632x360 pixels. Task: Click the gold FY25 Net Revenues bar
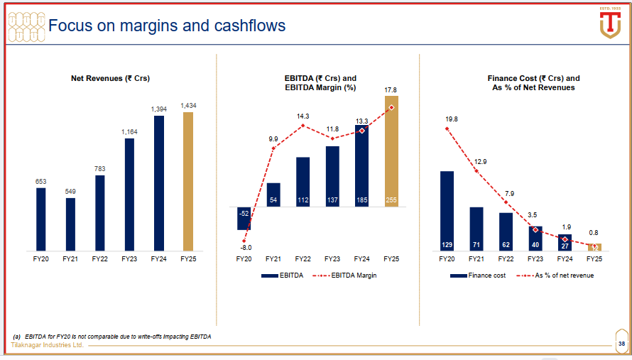click(x=188, y=182)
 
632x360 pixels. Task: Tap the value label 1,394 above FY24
click(x=159, y=109)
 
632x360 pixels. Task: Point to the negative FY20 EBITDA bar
click(x=244, y=219)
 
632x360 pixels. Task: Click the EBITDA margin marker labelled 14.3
click(x=303, y=126)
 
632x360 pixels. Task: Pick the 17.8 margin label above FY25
click(x=391, y=90)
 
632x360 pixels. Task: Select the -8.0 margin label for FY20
click(x=244, y=248)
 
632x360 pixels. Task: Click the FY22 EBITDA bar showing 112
click(x=303, y=182)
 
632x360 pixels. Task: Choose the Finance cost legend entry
click(x=480, y=276)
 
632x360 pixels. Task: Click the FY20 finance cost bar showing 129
click(x=447, y=212)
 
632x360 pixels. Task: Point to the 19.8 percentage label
click(x=452, y=119)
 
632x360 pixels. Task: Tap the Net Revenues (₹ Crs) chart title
click(x=110, y=78)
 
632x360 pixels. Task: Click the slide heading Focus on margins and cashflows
click(x=166, y=26)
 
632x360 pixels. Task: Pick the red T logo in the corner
click(x=610, y=25)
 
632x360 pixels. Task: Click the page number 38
click(x=621, y=345)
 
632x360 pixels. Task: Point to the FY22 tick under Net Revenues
click(x=100, y=259)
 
